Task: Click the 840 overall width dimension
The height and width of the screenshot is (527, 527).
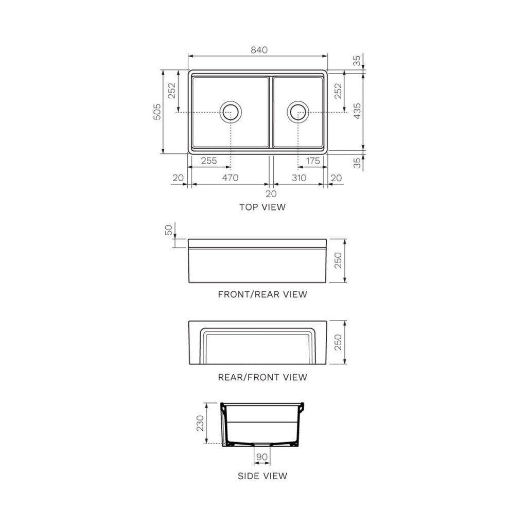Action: click(259, 50)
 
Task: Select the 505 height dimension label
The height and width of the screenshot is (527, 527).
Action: click(157, 112)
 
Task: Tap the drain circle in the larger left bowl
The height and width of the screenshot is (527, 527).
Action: click(230, 112)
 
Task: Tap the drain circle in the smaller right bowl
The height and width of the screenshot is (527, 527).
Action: click(298, 112)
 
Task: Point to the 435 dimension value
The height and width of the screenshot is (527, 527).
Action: click(357, 112)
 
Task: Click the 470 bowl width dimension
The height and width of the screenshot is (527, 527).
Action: click(230, 178)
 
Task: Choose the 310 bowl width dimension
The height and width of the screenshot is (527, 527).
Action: click(298, 178)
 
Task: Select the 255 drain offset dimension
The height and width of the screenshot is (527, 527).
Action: click(208, 161)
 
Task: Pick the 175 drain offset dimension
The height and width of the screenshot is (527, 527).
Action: click(312, 161)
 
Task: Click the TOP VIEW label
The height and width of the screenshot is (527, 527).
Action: click(262, 207)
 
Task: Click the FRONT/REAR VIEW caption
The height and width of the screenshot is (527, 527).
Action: click(262, 295)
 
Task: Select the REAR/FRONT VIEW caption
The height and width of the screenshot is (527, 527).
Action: click(262, 377)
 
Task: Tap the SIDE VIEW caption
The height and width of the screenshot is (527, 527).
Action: click(262, 476)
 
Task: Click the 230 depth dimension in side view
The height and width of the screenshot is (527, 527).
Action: click(200, 423)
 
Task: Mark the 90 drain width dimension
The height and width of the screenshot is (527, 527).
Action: click(261, 457)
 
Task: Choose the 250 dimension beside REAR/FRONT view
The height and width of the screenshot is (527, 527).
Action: click(338, 342)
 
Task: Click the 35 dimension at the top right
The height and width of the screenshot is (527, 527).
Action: click(357, 61)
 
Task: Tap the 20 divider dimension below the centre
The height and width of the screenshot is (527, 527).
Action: click(271, 194)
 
